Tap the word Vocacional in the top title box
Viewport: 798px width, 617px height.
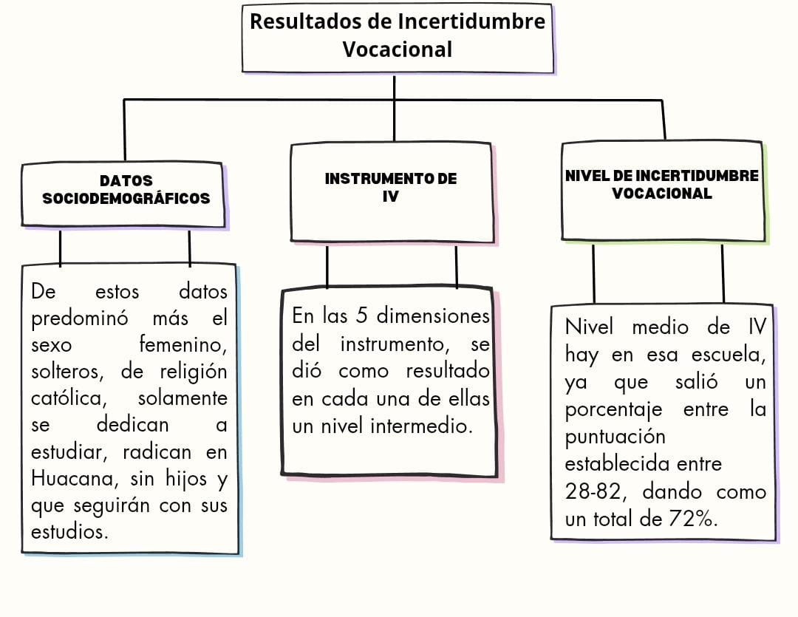pyautogui.click(x=398, y=50)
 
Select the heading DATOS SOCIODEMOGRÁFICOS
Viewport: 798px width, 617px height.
pyautogui.click(x=126, y=189)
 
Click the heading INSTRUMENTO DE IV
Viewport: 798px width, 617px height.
pyautogui.click(x=391, y=188)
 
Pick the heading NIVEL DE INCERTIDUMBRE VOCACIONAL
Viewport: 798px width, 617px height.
pyautogui.click(x=662, y=185)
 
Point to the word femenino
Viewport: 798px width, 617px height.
pyautogui.click(x=183, y=345)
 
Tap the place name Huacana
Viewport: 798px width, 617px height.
pyautogui.click(x=71, y=478)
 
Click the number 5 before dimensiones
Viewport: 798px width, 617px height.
pyautogui.click(x=362, y=316)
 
